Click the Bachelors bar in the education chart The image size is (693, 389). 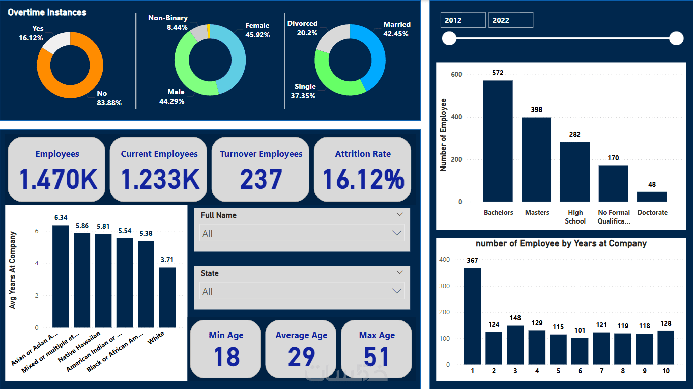click(498, 141)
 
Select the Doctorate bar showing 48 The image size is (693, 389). click(652, 197)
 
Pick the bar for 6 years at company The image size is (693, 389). click(580, 351)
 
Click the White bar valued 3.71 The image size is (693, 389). click(167, 298)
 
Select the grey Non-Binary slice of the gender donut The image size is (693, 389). click(199, 33)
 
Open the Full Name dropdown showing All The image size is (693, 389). click(302, 233)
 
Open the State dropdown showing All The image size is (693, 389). click(302, 291)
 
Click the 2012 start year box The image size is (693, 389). click(463, 20)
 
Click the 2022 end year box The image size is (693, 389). click(510, 20)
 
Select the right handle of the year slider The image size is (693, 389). click(676, 38)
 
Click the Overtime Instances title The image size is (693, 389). click(47, 12)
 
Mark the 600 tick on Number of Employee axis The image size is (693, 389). click(456, 75)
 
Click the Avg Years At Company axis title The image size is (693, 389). click(13, 270)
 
